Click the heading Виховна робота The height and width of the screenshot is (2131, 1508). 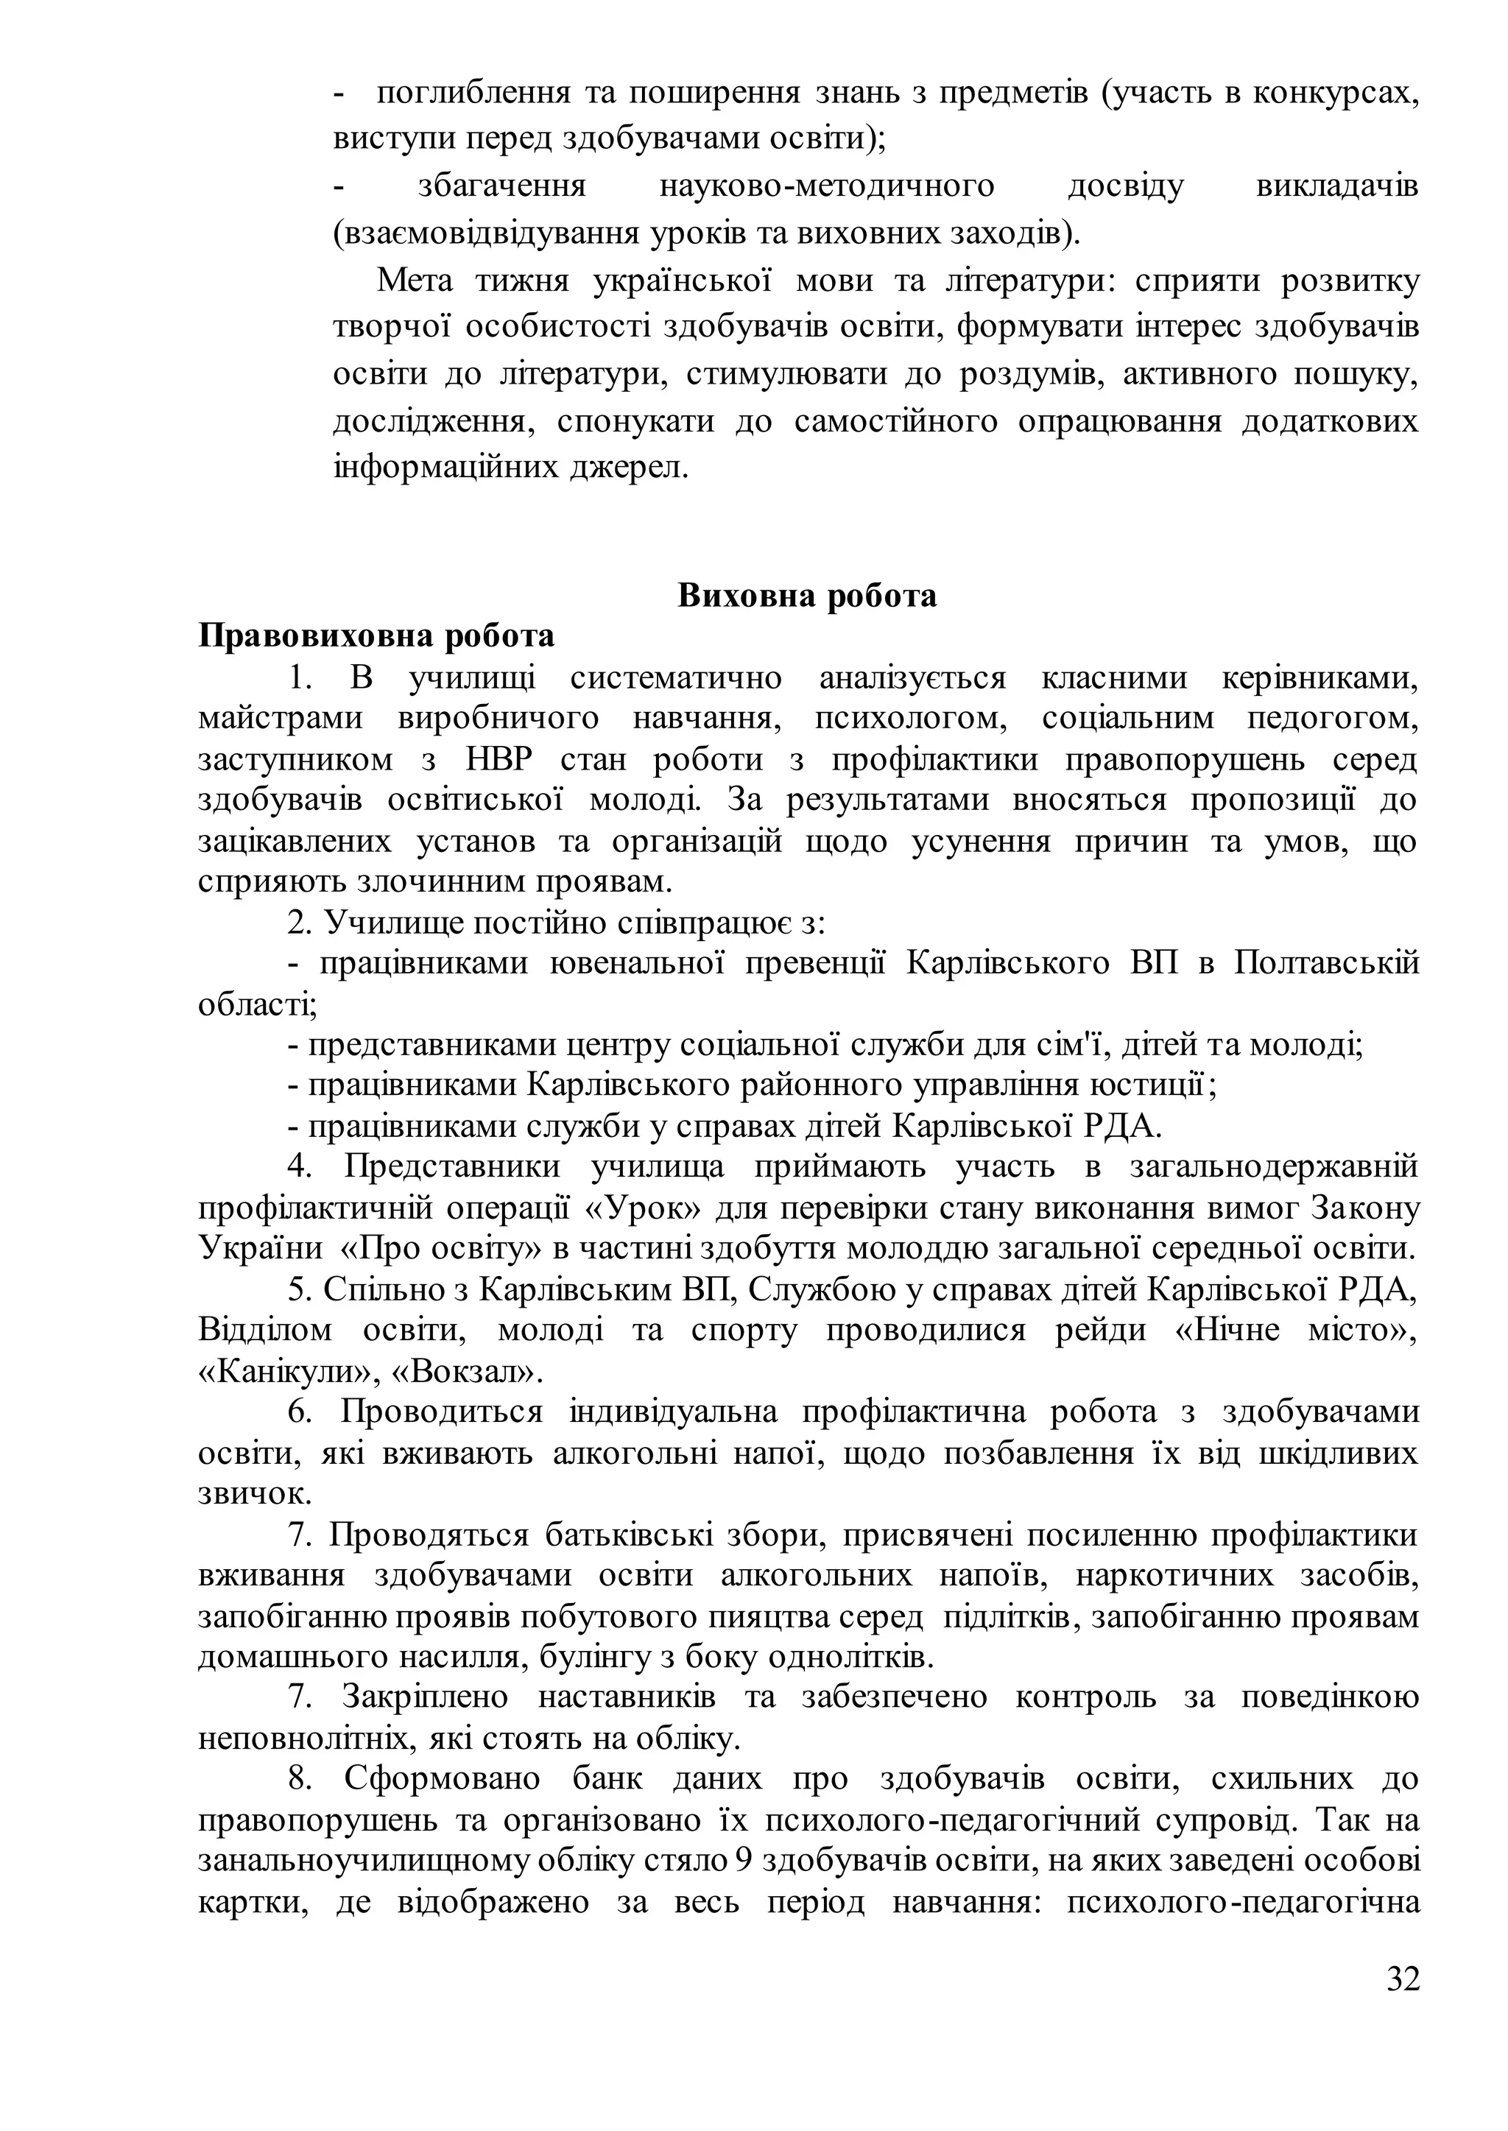(x=807, y=595)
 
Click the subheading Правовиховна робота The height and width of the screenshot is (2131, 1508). (x=376, y=636)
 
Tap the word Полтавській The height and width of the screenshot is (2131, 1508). (x=1327, y=963)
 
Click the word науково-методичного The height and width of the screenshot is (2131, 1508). (x=826, y=186)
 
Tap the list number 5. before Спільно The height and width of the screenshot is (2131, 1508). (x=299, y=1290)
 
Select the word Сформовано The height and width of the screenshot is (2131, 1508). (x=442, y=1779)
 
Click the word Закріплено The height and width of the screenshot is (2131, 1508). (x=426, y=1697)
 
